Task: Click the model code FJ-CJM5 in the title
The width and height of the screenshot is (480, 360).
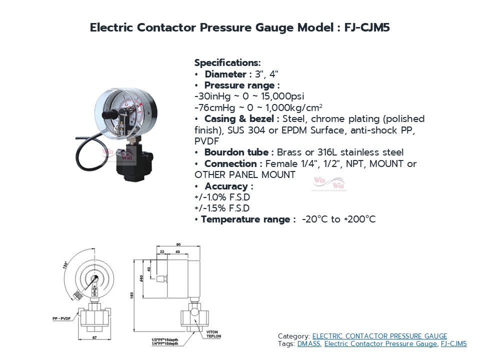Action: pyautogui.click(x=367, y=28)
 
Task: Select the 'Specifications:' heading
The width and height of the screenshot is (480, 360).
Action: pyautogui.click(x=227, y=63)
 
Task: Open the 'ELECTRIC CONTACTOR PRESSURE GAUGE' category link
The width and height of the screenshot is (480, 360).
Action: pyautogui.click(x=379, y=336)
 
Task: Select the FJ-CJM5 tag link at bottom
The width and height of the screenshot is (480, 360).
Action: pyautogui.click(x=453, y=343)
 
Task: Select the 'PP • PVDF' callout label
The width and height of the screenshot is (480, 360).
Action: pyautogui.click(x=62, y=318)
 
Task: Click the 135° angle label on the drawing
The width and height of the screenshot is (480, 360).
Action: pyautogui.click(x=66, y=264)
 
